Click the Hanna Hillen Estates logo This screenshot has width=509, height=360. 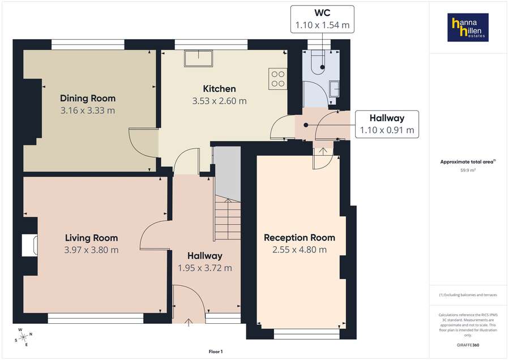tap(468, 28)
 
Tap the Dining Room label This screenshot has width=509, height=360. tap(88, 98)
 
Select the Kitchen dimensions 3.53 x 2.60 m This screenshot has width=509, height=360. tap(219, 101)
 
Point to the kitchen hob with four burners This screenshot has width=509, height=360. tap(278, 78)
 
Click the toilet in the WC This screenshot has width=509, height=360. tap(319, 62)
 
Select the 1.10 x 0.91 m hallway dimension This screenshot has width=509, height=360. tap(387, 130)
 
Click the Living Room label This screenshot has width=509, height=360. tap(91, 238)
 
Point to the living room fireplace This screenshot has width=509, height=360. tap(30, 246)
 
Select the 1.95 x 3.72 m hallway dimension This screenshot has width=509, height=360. tap(205, 268)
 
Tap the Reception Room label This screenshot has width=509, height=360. tap(300, 238)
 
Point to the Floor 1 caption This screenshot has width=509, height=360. tap(216, 352)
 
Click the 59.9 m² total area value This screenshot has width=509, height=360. tap(468, 169)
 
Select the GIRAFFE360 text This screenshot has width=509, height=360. tap(468, 345)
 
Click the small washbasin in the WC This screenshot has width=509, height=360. tap(335, 88)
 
